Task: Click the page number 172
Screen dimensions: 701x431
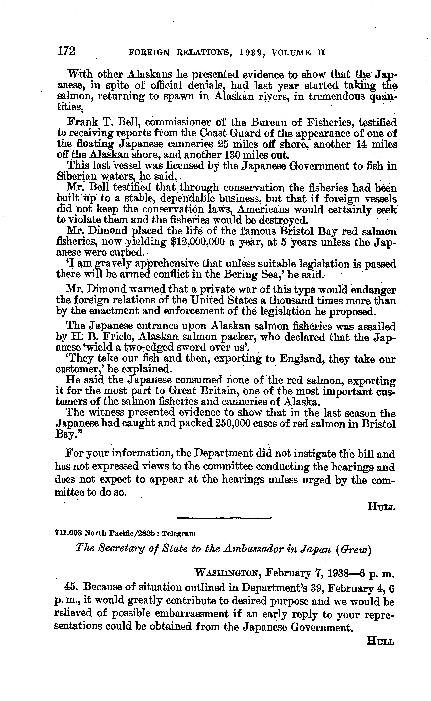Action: coord(66,52)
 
